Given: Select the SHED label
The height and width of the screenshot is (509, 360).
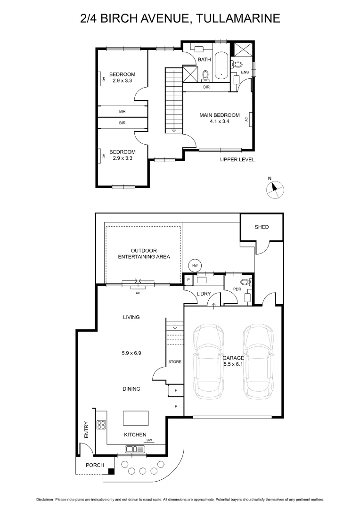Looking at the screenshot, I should coord(262,227).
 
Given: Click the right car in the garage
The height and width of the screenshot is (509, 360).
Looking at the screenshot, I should coord(258,361).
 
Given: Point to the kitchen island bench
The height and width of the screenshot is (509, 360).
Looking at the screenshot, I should coord(136,419).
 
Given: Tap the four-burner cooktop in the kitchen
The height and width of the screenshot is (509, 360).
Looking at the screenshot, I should coord(101,425).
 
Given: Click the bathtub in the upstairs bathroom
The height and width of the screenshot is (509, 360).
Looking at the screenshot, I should coord(221,66).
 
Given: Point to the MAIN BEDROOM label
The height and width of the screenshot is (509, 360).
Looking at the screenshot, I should coord(220,115).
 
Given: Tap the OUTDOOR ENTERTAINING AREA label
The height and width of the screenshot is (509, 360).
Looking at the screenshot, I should coord(144,254).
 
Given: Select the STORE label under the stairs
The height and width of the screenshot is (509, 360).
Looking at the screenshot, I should coord(175,362).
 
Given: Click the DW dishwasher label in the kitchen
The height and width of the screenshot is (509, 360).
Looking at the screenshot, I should coord(149,440).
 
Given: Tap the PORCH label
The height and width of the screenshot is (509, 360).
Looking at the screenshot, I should coord(95,465).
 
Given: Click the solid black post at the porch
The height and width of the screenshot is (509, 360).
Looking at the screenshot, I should coord(111,471).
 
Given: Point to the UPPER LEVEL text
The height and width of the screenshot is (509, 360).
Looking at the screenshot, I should coord(237,160).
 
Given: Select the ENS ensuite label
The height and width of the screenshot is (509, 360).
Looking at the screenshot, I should coord(245,72).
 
